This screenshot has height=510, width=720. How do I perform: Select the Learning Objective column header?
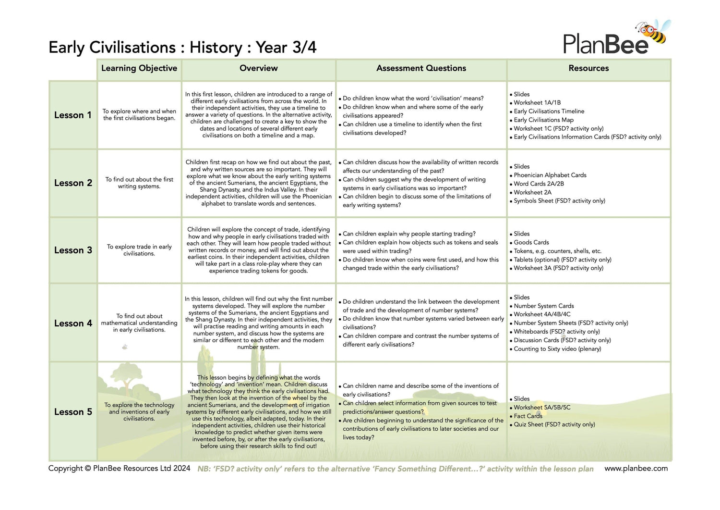(139, 68)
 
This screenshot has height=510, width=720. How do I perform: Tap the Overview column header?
(258, 68)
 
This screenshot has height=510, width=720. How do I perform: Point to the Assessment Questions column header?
(421, 68)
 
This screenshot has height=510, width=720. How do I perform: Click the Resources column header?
(588, 68)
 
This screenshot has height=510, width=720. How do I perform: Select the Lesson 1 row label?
(72, 115)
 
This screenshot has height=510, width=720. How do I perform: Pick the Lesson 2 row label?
(73, 183)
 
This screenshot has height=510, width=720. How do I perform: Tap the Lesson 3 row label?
(73, 250)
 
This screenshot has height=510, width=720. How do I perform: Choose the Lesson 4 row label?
(73, 323)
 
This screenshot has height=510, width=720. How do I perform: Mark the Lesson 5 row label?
(73, 412)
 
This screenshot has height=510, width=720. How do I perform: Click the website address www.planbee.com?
(636, 468)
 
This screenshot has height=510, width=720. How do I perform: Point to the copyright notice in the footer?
(119, 468)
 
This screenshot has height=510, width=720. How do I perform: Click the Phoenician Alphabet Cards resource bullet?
(550, 175)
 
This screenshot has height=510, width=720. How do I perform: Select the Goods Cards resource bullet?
(531, 242)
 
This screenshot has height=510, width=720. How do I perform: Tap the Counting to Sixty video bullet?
(557, 349)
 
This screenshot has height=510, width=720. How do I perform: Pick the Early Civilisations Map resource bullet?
(543, 120)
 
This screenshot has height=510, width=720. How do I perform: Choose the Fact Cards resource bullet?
(528, 416)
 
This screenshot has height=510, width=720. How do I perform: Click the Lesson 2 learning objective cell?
(139, 183)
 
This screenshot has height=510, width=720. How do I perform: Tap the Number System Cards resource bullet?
(543, 306)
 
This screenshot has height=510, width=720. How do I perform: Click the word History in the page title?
(216, 48)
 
